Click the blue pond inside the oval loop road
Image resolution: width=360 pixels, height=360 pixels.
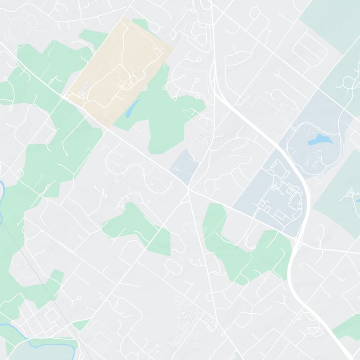click(x=320, y=140)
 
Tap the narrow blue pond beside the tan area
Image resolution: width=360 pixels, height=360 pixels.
click(x=131, y=108)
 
